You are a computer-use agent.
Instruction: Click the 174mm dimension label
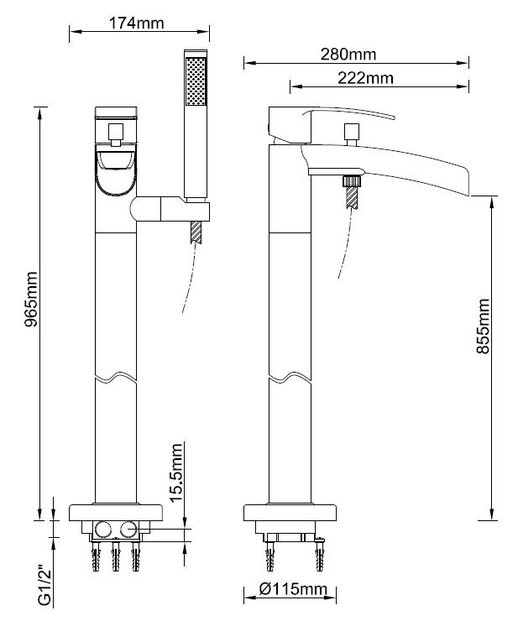136,23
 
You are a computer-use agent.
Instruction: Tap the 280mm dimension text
348,54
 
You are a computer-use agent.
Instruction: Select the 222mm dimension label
365,78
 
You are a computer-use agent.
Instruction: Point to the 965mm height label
31,299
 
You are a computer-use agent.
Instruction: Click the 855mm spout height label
483,326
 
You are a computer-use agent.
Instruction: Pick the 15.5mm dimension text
176,472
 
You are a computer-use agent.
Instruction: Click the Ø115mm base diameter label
293,590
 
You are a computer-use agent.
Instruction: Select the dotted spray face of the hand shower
196,81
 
